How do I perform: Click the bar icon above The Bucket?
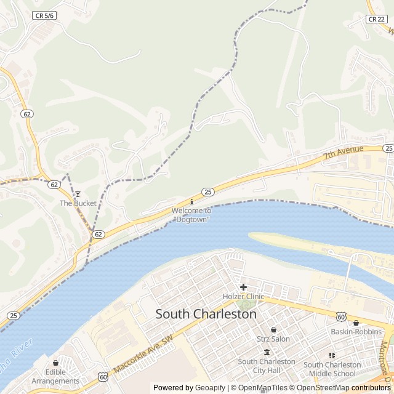pos(78,194)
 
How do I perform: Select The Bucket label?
pos(78,203)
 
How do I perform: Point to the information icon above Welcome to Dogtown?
pos(191,201)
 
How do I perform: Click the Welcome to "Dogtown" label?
pos(191,215)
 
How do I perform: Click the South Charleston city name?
pos(206,314)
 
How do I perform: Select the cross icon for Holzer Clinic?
pos(243,287)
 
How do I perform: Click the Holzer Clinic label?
pos(243,297)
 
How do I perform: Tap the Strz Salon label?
pos(273,339)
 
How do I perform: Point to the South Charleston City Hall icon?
pos(267,352)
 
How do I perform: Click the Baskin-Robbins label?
pos(356,332)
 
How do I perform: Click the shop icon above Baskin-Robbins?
pos(356,323)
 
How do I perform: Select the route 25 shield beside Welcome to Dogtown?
pos(208,192)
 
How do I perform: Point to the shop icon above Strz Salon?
pos(273,329)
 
